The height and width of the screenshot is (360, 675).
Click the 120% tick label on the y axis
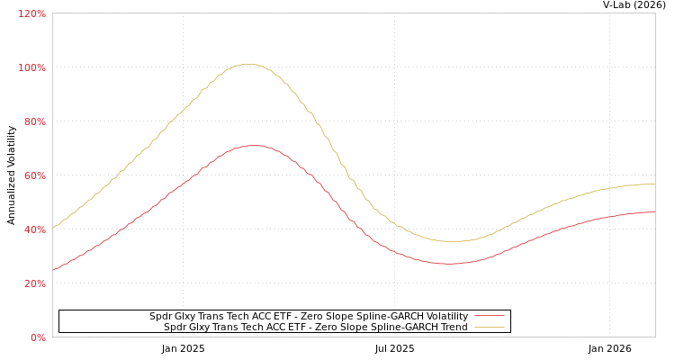[x=31, y=13]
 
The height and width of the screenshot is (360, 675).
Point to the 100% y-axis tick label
[x=31, y=67]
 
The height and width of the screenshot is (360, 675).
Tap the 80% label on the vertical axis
[x=33, y=121]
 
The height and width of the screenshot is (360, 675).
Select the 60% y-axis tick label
[x=33, y=175]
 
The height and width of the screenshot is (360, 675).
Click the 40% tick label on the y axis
[x=33, y=229]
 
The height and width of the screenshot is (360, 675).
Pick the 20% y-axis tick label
[x=33, y=283]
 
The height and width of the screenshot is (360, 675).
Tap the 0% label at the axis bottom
[x=38, y=337]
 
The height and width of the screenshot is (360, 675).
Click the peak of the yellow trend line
[x=248, y=64]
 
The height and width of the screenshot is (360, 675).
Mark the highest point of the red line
[x=254, y=145]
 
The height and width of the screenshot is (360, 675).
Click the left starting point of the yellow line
[x=53, y=228]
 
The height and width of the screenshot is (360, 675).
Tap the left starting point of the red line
[x=53, y=269]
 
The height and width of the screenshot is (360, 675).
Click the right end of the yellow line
[x=654, y=184]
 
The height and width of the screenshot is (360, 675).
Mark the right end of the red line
[x=654, y=212]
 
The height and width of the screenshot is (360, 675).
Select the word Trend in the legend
[x=454, y=328]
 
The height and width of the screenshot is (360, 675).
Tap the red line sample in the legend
[x=490, y=317]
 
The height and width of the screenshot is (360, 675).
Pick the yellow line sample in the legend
[x=490, y=328]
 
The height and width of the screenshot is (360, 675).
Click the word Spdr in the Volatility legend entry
[x=160, y=317]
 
